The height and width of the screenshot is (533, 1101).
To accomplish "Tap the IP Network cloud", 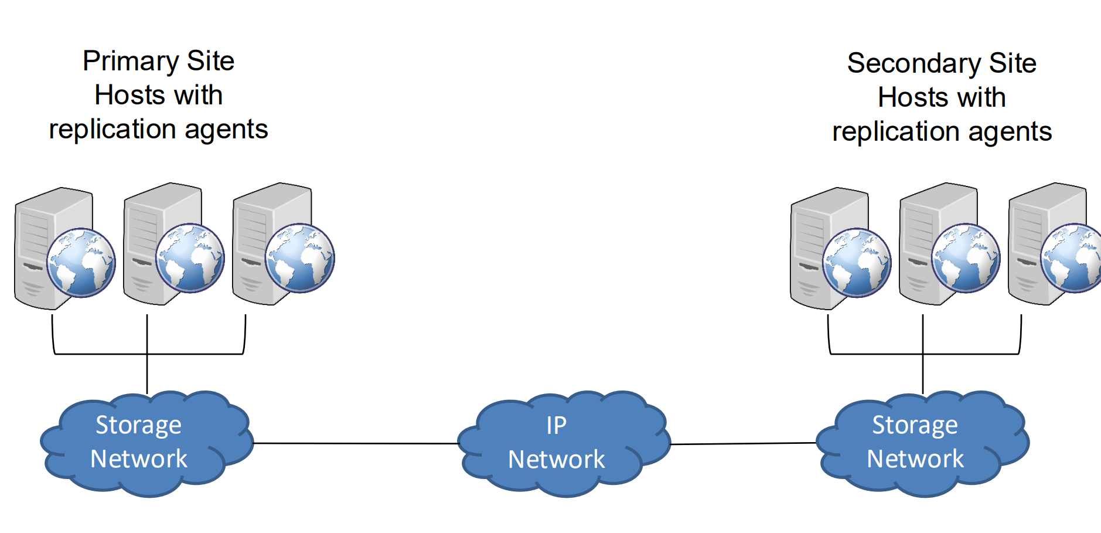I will pos(563,443).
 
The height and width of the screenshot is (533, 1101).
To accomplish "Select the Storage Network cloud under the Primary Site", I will pos(146,443).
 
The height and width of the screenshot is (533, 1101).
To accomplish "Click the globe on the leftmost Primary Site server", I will pos(81,262).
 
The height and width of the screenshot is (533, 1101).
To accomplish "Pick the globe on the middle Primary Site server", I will pos(190,258).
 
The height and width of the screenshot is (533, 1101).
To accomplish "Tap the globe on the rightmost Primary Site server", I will pos(299,258).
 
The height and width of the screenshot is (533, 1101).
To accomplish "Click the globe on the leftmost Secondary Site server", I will pos(857,262).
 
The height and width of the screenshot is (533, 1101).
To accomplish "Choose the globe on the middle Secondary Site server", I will pos(966,258).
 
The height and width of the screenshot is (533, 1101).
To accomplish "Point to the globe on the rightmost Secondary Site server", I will pos(1073,258).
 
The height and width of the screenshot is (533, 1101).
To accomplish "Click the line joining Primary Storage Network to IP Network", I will pos(355,443).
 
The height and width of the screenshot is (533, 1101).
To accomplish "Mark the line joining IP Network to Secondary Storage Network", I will pos(743,444).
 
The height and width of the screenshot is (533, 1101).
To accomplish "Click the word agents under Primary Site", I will pos(226,130).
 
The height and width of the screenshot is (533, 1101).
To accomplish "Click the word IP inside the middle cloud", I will pos(556,425).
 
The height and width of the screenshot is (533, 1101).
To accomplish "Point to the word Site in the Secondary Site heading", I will pos(1013,63).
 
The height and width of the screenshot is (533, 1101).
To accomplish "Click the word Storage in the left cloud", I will pos(138,425).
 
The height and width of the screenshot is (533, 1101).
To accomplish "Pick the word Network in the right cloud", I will pos(915,459).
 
